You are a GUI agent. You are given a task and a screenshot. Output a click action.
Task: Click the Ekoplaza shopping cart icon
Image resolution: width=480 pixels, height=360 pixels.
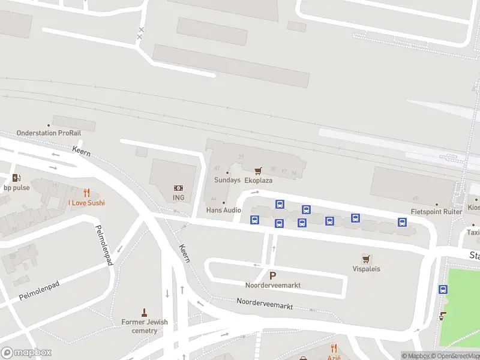[x=258, y=171]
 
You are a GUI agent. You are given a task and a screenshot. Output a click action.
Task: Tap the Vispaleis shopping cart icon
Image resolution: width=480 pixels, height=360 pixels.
[x=366, y=259]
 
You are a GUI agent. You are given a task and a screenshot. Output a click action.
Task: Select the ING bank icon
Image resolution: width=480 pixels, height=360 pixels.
[x=178, y=188]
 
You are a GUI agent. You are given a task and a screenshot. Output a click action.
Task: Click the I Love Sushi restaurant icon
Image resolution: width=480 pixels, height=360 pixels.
[x=86, y=193]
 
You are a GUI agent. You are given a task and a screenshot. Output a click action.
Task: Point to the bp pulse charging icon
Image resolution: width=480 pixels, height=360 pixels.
[x=16, y=178]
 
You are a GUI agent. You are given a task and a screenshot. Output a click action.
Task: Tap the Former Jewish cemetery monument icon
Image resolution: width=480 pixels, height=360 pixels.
[x=144, y=312]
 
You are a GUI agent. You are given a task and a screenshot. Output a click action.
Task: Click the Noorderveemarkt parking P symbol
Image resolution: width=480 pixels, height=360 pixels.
[x=273, y=275]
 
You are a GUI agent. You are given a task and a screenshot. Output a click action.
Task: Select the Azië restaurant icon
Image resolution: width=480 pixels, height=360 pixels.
[x=334, y=348]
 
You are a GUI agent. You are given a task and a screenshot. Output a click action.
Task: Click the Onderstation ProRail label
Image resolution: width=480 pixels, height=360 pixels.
[x=44, y=133]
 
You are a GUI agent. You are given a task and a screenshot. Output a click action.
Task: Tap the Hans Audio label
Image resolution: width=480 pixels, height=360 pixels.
[x=223, y=210]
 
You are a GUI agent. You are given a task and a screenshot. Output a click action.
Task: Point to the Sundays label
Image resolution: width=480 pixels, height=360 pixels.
[x=227, y=180]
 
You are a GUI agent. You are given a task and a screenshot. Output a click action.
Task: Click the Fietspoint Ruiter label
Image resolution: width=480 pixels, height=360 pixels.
[x=436, y=212]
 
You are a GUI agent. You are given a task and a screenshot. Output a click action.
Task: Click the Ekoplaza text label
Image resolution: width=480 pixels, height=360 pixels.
[x=259, y=180]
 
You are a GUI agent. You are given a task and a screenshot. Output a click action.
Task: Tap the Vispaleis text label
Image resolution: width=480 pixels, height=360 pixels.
[x=366, y=269]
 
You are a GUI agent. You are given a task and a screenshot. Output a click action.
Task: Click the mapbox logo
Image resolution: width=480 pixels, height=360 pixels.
[x=26, y=353]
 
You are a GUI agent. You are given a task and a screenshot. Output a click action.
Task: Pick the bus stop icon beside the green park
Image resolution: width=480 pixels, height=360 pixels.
[x=443, y=289]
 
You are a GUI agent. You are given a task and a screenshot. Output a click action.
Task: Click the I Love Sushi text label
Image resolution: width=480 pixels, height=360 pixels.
[x=86, y=203]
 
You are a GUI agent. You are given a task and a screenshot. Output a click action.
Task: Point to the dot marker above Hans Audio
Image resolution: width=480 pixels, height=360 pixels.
[x=224, y=202]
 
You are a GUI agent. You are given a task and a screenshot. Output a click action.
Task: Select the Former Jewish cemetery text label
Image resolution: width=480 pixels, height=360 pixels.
[x=145, y=326]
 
